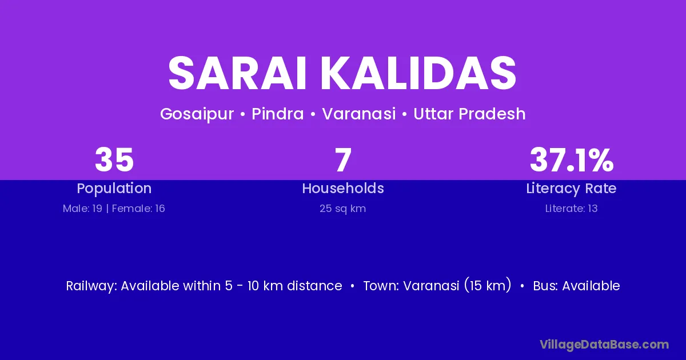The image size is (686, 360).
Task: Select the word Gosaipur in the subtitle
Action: (x=197, y=114)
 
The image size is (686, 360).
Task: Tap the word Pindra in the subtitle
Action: (x=277, y=114)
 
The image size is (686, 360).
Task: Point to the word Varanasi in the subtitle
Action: (x=359, y=114)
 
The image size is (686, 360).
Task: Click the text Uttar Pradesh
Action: (x=469, y=114)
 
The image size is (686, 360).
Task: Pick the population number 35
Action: (x=114, y=160)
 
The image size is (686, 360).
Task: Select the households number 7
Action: (x=343, y=160)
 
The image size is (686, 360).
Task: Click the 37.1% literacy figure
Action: (x=572, y=160)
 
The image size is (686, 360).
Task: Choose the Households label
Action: (x=343, y=188)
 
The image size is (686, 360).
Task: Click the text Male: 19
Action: (x=82, y=209)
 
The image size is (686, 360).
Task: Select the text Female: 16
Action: (x=138, y=209)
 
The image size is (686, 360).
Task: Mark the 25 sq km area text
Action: (x=342, y=209)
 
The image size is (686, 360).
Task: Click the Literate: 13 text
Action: (x=572, y=209)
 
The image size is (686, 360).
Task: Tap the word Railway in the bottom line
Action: (x=91, y=286)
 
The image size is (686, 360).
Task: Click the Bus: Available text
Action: (x=576, y=286)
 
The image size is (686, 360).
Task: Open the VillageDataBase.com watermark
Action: (x=604, y=345)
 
